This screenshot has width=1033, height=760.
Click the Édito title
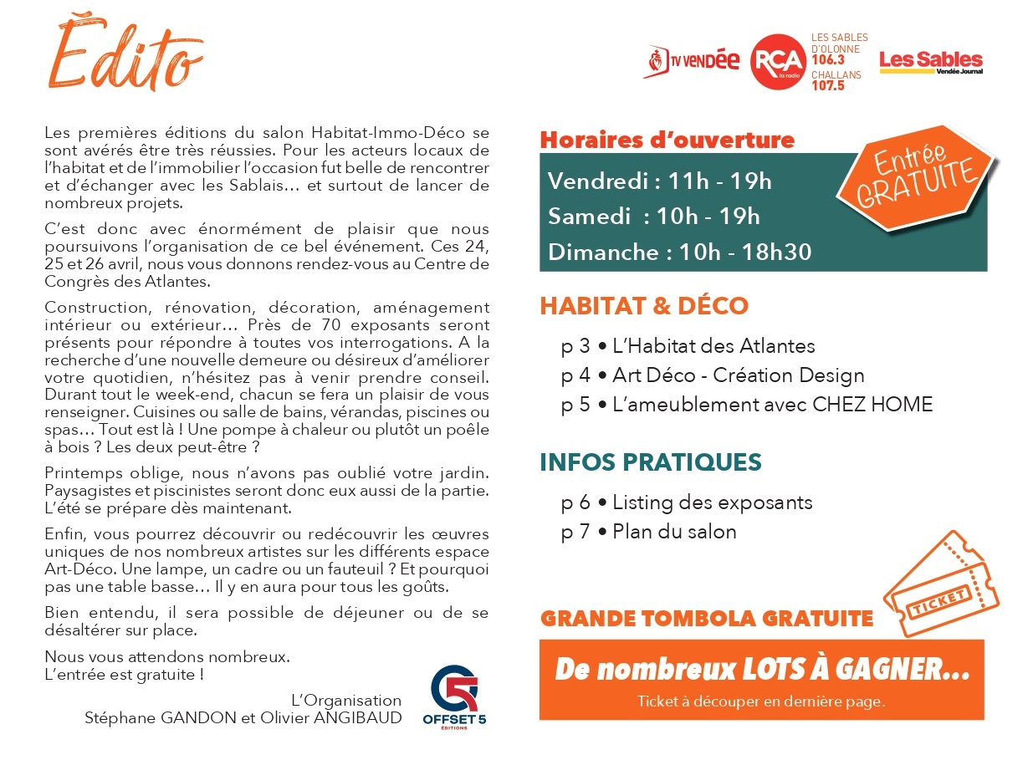130,55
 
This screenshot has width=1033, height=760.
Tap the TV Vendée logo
692,61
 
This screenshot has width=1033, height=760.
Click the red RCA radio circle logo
778,61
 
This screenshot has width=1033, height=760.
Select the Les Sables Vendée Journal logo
931,61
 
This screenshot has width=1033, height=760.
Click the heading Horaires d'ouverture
667,140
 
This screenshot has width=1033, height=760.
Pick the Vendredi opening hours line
660,181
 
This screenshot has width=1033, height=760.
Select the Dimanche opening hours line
679,252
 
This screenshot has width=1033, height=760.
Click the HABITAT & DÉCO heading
643,305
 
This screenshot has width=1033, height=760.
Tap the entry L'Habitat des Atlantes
713,345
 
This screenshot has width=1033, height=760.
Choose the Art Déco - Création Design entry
738,375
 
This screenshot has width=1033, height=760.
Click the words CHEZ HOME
872,405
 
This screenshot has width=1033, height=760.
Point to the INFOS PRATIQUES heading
651,462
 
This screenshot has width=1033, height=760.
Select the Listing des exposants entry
712,502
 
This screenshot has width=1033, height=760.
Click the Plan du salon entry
674,532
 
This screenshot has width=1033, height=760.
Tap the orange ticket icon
941,584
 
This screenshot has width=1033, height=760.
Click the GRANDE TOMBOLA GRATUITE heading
707,619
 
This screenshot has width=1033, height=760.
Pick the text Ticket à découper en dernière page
760,701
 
